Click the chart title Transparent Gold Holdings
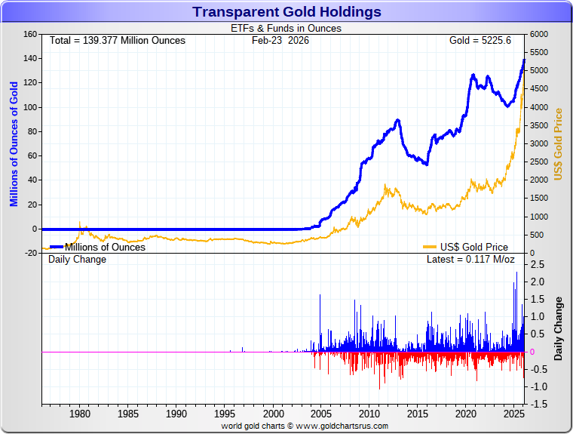coord(286,12)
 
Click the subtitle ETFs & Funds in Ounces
coord(286,29)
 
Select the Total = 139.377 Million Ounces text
coord(117,40)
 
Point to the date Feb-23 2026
coord(280,40)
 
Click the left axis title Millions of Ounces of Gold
coord(14,143)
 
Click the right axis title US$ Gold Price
coord(559,143)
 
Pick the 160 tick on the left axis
coord(29,34)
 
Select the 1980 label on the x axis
coord(80,414)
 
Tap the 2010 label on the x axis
coord(369,414)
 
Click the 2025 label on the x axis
coord(513,414)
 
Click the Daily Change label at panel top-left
coord(78,260)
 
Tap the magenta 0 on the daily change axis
coord(532,352)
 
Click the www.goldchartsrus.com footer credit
coord(336,426)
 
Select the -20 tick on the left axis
coord(29,253)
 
